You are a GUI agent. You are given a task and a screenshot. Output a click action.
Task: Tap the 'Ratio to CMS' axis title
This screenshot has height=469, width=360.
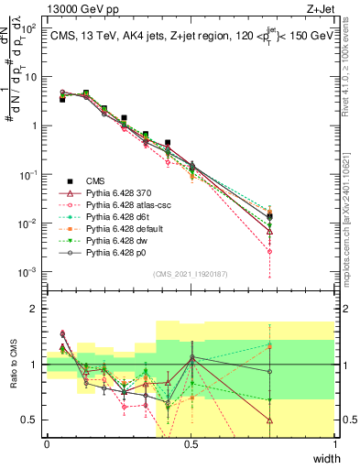pos(13,365)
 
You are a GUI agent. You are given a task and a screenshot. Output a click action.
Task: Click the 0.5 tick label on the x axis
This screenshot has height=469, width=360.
pos(191,442)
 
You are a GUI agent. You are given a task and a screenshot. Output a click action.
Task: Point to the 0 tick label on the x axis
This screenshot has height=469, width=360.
pos(47,442)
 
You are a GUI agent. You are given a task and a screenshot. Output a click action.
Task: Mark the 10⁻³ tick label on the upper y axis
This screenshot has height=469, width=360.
pos(27,272)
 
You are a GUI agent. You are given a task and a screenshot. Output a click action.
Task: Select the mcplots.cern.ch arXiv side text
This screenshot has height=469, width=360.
pos(351,211)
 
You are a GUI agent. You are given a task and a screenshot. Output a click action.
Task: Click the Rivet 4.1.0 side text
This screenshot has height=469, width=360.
pos(351,69)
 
